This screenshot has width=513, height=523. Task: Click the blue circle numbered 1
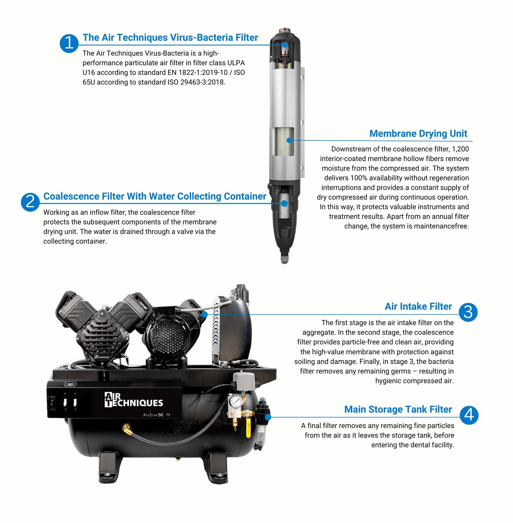(69, 43)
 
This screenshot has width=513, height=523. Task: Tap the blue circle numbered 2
(30, 202)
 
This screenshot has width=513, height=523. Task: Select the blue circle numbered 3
(468, 312)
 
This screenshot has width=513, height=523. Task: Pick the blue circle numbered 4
(469, 415)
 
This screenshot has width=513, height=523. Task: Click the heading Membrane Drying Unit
(418, 134)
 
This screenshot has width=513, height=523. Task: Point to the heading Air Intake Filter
(418, 306)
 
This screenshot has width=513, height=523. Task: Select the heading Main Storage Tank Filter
(398, 409)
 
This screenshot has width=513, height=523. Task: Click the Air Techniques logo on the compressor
(134, 400)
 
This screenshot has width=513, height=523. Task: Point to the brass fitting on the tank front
(127, 429)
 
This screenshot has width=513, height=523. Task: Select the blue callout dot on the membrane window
(289, 140)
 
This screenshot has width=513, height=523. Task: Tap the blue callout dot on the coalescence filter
(285, 203)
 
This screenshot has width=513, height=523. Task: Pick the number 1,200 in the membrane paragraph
(460, 149)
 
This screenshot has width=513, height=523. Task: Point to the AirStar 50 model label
(153, 415)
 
